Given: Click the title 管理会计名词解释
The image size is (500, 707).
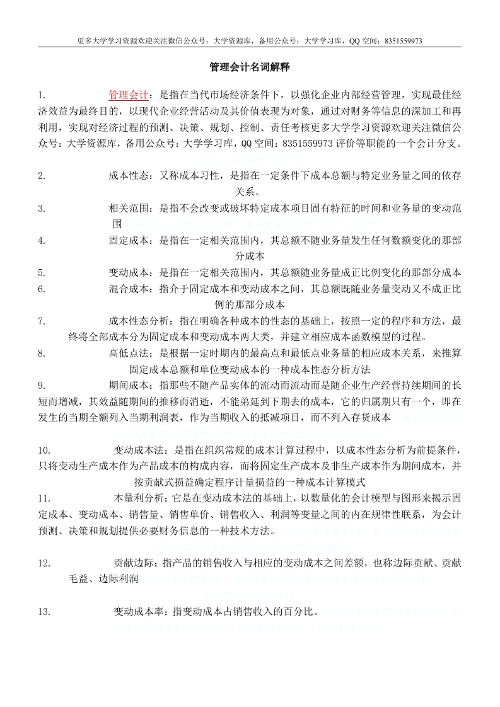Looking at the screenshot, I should click(250, 67).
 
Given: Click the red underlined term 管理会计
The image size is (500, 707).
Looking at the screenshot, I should click(129, 95).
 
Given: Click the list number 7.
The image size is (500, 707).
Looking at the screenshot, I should click(41, 321).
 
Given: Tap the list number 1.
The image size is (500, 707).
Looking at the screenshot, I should click(41, 95).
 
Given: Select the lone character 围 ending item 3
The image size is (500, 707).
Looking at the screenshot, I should click(117, 224).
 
